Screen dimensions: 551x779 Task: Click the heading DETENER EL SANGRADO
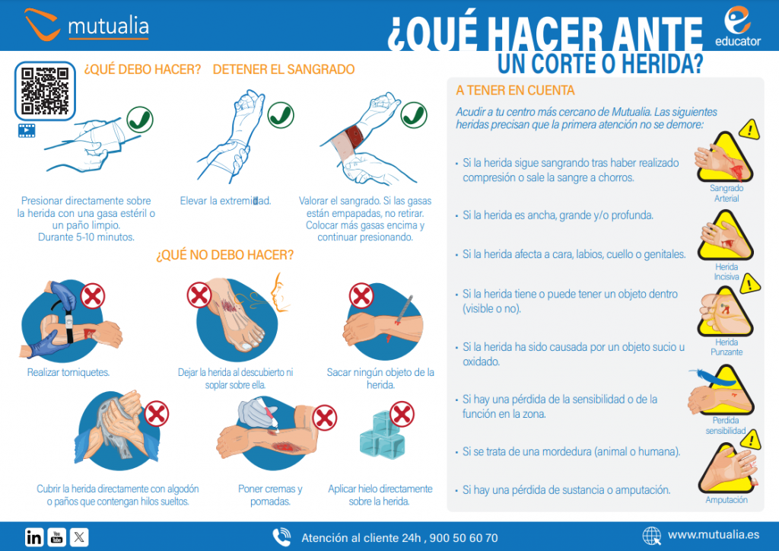[x=284, y=70]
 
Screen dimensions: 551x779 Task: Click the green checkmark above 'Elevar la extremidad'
[x=281, y=116]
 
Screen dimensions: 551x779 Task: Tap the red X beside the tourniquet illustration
[x=93, y=295]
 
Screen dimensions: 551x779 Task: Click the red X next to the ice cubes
[x=401, y=415]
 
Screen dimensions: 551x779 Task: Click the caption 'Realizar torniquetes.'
[x=68, y=373]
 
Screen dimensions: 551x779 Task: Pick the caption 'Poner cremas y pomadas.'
[x=270, y=495]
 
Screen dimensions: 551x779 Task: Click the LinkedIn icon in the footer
[x=34, y=537]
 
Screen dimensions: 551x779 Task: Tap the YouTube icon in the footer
[x=57, y=537]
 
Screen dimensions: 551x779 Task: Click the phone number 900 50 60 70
[x=463, y=538]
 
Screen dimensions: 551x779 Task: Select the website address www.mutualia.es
[x=713, y=536]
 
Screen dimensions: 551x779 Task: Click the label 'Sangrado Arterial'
[x=726, y=193]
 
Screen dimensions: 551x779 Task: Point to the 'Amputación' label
[x=727, y=500]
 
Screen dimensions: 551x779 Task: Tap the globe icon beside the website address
[x=652, y=537]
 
